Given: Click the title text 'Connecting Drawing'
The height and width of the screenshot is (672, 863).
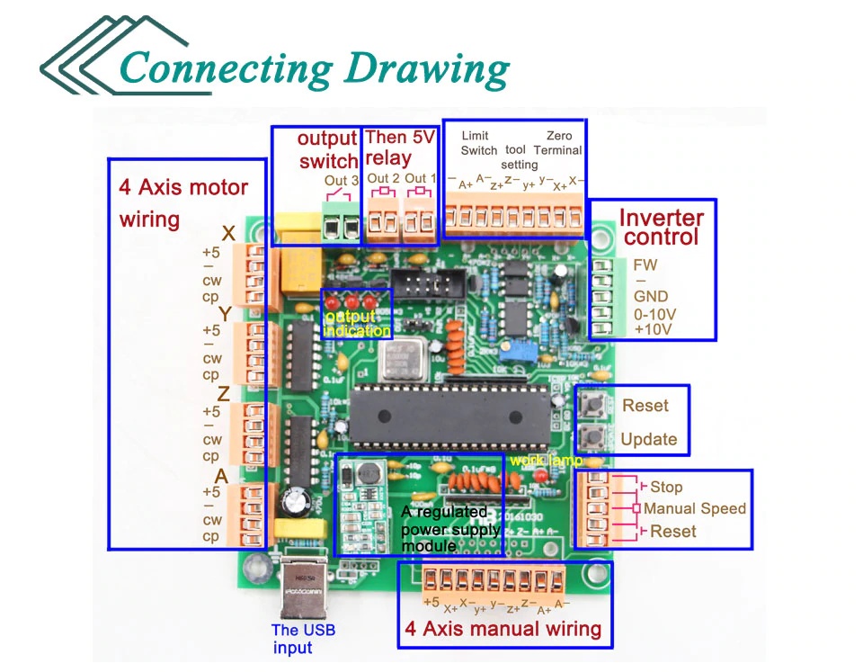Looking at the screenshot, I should [x=314, y=68].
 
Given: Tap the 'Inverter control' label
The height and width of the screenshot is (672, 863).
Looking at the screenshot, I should [x=662, y=227].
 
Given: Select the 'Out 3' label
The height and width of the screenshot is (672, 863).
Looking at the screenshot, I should [x=342, y=182].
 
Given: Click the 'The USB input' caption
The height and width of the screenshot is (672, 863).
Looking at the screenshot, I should [x=303, y=638].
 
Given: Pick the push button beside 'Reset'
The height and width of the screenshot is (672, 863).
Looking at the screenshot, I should [x=591, y=404].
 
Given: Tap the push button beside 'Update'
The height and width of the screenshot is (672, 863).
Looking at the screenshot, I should [x=591, y=439].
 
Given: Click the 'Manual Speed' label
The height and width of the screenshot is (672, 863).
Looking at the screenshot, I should [x=695, y=508].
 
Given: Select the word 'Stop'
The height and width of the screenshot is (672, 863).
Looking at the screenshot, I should [x=666, y=487].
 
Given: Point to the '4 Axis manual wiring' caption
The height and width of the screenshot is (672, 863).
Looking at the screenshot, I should [x=503, y=628].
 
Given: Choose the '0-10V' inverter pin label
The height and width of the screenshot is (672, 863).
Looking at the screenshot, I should [x=655, y=314].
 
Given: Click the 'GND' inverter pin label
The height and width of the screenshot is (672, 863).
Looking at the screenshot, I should [x=650, y=297].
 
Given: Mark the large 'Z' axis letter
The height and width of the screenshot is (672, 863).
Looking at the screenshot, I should [x=223, y=393].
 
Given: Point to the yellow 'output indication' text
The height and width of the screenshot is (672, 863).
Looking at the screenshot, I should [x=357, y=324].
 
